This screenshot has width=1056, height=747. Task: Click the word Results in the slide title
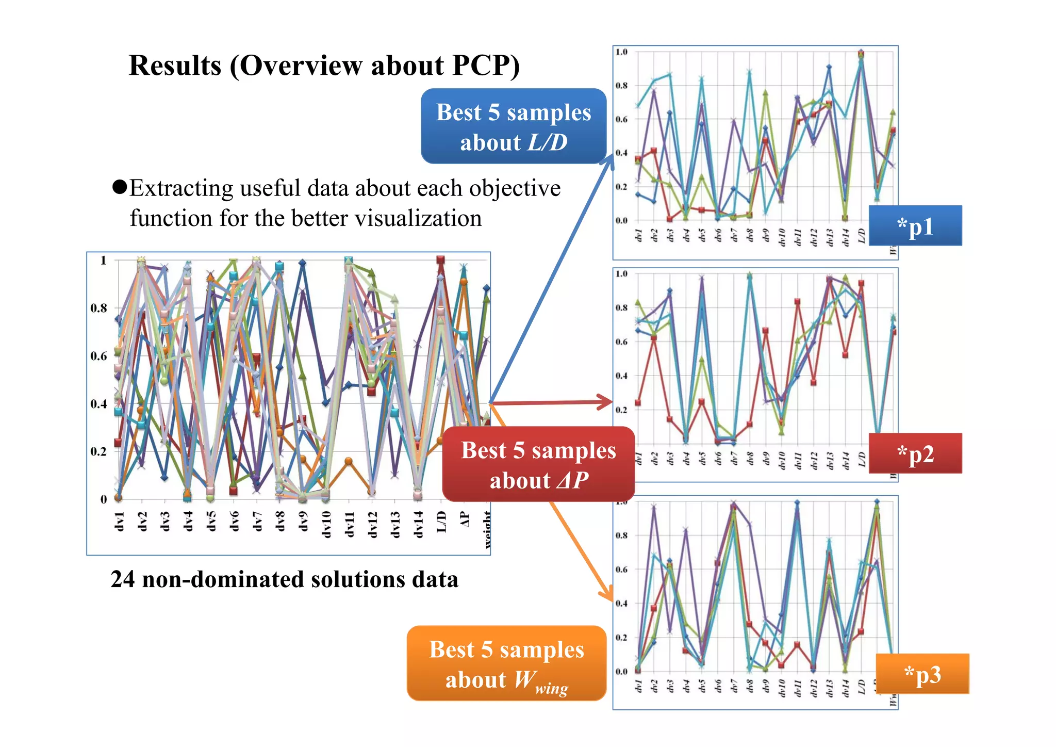[175, 66]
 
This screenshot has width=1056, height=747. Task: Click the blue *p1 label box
[915, 226]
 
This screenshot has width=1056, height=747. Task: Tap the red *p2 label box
[915, 453]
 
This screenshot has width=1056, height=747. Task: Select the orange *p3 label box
[922, 674]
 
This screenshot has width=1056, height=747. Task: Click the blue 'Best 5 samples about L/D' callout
[513, 126]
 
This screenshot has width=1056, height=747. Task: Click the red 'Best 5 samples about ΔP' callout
[538, 464]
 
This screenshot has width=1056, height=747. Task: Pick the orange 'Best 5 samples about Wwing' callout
[506, 663]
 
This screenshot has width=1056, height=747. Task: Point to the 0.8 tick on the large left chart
[98, 308]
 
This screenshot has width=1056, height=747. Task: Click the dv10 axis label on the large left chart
[326, 524]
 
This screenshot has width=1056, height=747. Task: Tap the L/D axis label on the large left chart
[441, 522]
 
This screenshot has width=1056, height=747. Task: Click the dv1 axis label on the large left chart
[120, 521]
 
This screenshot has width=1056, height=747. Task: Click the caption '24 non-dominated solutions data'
[284, 579]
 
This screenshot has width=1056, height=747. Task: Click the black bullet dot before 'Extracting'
[120, 187]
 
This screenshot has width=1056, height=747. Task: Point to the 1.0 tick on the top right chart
[621, 52]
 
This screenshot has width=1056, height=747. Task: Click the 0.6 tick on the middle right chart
[621, 342]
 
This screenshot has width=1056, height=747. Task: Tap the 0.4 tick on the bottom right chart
[621, 604]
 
